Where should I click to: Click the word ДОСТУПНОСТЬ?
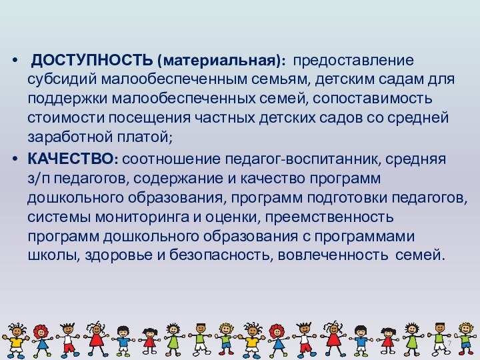(92, 61)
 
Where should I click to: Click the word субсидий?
(59, 80)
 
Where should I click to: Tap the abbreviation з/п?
(39, 179)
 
